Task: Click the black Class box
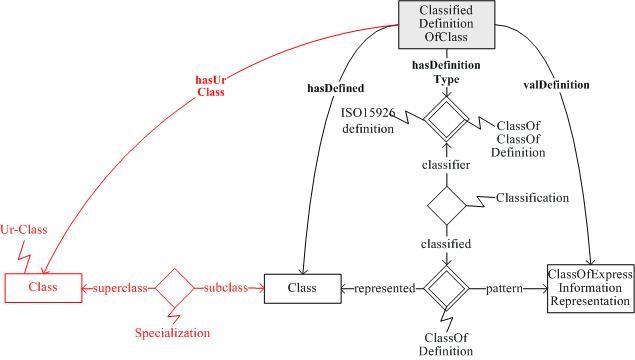click(301, 289)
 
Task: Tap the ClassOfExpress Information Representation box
click(590, 289)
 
